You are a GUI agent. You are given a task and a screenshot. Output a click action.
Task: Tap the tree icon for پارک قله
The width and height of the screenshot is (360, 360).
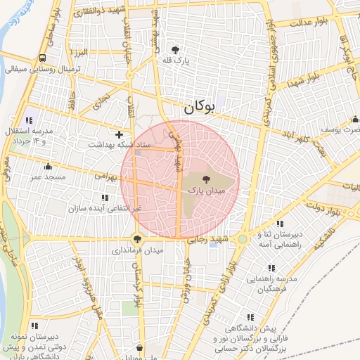175,49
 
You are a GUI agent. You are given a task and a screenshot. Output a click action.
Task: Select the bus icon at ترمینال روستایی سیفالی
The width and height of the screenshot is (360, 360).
44,58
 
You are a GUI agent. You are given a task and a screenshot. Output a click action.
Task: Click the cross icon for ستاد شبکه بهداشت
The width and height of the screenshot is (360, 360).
119,134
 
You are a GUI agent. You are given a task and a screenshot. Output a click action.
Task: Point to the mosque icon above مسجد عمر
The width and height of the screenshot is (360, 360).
48,167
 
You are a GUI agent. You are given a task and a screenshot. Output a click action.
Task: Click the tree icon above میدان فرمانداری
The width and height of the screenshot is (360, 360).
136,239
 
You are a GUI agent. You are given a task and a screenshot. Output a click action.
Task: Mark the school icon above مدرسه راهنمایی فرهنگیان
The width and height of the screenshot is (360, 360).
271,268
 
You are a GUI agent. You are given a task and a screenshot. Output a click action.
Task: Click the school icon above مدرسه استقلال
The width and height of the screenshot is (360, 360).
29,120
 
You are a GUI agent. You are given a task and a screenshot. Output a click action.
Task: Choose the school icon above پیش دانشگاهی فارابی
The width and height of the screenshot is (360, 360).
252,318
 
